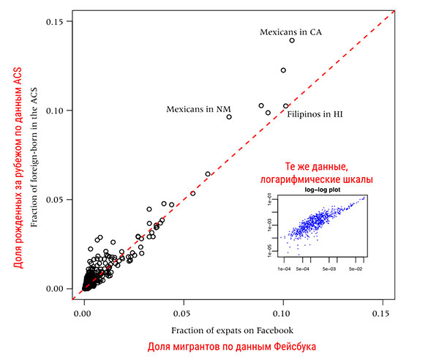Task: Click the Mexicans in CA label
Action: (x=291, y=32)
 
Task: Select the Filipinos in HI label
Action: (x=315, y=115)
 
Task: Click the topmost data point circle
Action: (x=292, y=40)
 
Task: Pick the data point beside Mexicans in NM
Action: (x=229, y=117)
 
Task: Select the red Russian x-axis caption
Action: (x=231, y=347)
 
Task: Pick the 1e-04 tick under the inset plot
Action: (x=284, y=268)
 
